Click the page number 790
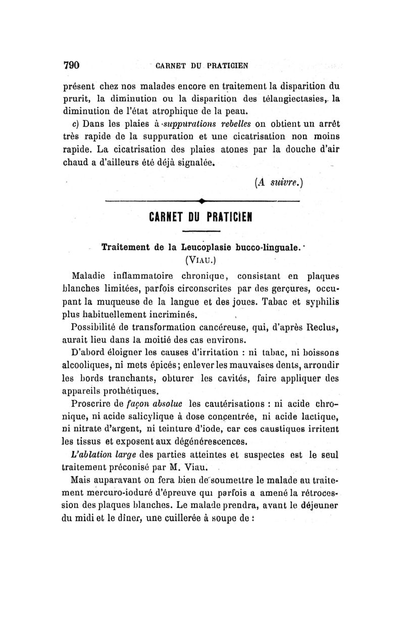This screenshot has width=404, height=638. click(72, 65)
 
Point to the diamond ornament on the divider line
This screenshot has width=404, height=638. click(201, 201)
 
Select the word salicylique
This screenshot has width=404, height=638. click(148, 418)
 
